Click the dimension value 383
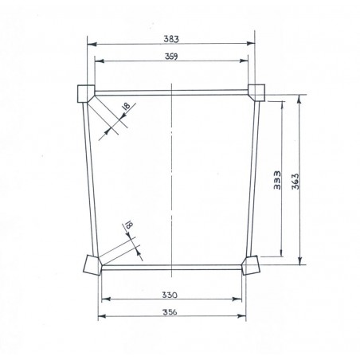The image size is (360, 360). click(171, 37)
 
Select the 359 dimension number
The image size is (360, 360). click(171, 56)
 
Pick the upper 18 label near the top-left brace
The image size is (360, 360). click(124, 108)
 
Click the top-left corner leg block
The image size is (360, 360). click(84, 93)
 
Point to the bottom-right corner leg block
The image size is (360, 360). click(251, 264)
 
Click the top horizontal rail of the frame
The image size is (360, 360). click(171, 92)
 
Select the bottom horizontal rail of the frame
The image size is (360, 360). click(171, 268)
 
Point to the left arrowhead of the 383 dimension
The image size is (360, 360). click(89, 43)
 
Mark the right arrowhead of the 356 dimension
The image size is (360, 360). click(243, 317)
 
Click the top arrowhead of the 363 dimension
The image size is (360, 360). click(300, 99)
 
